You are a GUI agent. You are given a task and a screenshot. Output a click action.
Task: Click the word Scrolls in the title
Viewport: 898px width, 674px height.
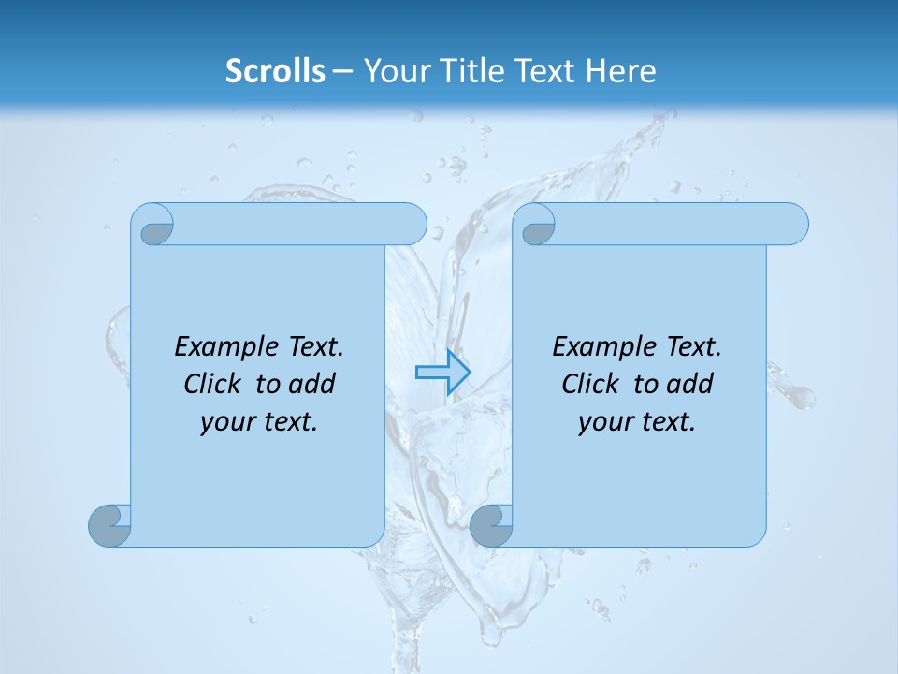[276, 71]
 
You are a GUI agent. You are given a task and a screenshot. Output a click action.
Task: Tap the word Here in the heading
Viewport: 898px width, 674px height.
[621, 71]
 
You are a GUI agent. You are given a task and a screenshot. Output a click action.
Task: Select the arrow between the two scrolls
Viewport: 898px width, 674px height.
[442, 372]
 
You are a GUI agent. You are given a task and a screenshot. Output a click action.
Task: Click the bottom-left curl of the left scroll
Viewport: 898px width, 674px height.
[110, 524]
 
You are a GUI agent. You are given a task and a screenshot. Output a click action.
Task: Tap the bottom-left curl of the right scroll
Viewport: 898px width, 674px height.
[490, 525]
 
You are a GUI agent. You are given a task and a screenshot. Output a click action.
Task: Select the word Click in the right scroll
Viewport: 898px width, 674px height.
[588, 384]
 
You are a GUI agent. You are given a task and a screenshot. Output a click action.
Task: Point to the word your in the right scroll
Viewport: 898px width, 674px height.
[601, 422]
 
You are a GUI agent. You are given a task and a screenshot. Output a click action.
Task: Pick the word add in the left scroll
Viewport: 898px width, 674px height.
[312, 384]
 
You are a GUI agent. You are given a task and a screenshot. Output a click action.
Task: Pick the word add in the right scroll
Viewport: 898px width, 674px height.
[690, 384]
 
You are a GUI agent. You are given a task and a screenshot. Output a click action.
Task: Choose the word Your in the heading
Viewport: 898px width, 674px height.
[392, 71]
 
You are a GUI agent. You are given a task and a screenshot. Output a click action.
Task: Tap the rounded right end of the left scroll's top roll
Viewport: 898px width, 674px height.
[413, 224]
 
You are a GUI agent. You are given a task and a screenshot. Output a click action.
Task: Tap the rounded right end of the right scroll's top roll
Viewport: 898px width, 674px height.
[794, 224]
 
